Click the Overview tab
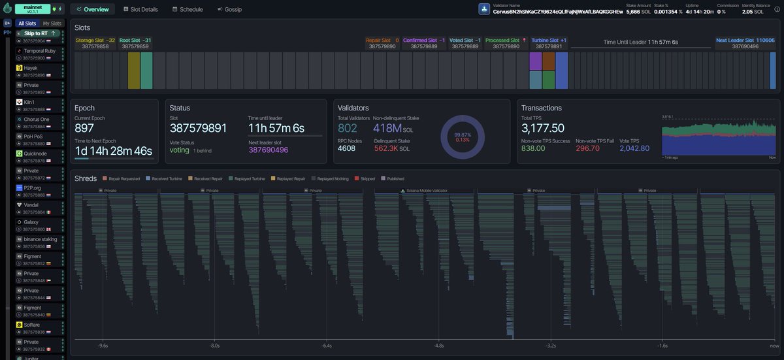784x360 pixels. (x=92, y=10)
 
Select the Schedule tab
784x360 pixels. (x=187, y=10)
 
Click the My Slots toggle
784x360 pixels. (x=53, y=24)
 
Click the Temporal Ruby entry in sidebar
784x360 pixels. (x=40, y=50)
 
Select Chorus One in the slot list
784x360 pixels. (x=36, y=120)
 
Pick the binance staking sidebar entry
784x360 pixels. (x=40, y=239)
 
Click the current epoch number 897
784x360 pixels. (x=84, y=128)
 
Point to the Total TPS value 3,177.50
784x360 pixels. (x=543, y=128)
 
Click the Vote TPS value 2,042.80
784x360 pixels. (x=634, y=148)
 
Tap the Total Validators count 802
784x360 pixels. (x=348, y=128)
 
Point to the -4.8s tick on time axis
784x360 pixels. (x=439, y=346)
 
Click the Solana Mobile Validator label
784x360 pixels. (x=425, y=191)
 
